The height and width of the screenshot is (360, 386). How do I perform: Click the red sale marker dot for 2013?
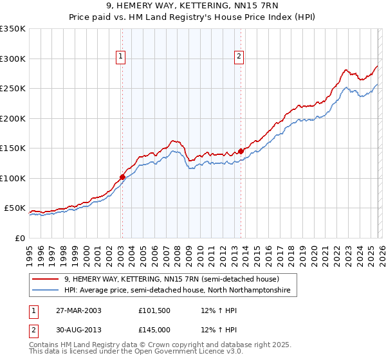(x=241, y=151)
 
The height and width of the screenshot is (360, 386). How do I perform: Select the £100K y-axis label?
(x=13, y=178)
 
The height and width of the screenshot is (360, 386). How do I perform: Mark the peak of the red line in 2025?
(x=378, y=66)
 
